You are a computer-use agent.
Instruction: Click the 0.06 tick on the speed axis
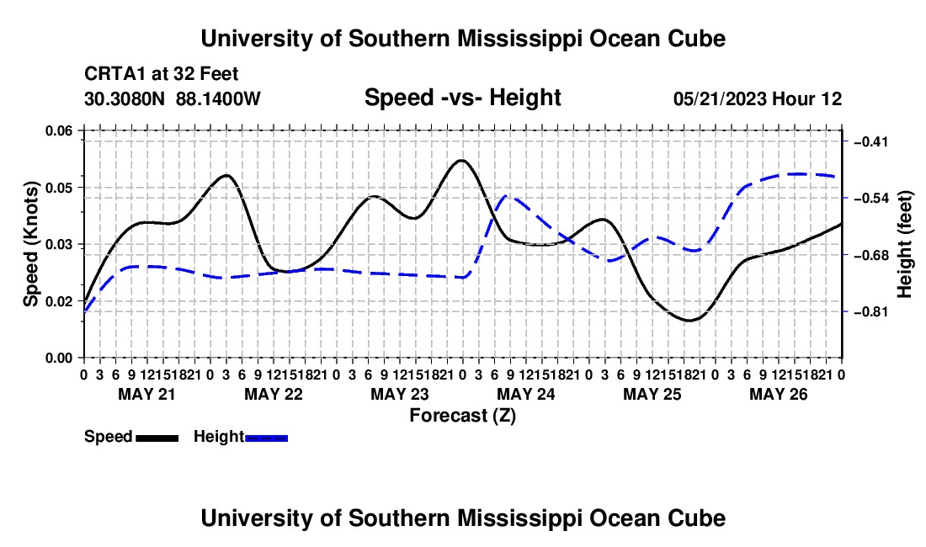point(58,130)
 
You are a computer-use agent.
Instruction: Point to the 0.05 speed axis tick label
point(58,188)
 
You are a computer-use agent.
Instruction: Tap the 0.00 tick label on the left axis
point(58,358)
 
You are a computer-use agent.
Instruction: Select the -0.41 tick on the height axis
point(871,141)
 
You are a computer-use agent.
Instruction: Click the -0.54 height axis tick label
point(871,199)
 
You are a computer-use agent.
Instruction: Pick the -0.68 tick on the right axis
point(871,256)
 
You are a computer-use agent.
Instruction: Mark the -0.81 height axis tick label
point(871,311)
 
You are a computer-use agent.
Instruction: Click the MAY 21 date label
point(147,394)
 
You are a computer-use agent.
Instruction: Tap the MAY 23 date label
point(400,394)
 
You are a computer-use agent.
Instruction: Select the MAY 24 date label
point(526,394)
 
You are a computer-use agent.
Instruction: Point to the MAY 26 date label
point(779,394)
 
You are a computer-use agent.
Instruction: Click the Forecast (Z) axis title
point(463,416)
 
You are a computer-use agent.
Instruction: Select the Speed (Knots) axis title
point(30,244)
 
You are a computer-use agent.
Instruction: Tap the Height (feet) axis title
point(904,244)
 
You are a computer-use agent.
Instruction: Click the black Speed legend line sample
point(157,438)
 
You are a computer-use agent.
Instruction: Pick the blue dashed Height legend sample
point(266,438)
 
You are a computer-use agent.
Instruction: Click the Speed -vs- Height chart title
point(463,98)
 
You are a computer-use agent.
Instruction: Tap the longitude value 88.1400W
point(218,98)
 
